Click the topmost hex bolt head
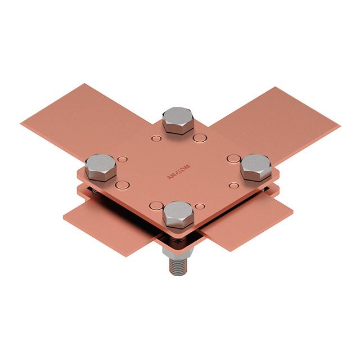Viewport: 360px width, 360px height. pyautogui.click(x=177, y=119)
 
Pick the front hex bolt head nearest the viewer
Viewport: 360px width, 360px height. pyautogui.click(x=178, y=214)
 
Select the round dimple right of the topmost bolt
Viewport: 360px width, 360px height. pyautogui.click(x=199, y=137)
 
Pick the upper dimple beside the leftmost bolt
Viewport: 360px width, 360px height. pyautogui.click(x=123, y=159)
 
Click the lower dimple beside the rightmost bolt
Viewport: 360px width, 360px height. pyautogui.click(x=235, y=184)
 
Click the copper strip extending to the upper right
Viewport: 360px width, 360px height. pyautogui.click(x=270, y=121)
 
